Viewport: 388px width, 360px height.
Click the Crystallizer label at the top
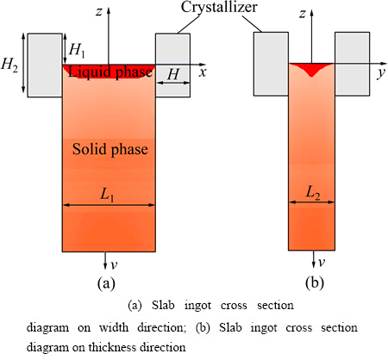pyautogui.click(x=219, y=8)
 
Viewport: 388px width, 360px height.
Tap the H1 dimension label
pyautogui.click(x=77, y=50)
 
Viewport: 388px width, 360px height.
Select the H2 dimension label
pyautogui.click(x=9, y=65)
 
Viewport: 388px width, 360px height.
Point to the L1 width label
pyautogui.click(x=107, y=195)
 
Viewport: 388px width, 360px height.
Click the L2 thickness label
pyautogui.click(x=313, y=193)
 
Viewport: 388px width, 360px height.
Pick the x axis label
pyautogui.click(x=203, y=72)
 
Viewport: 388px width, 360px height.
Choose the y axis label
pyautogui.click(x=381, y=73)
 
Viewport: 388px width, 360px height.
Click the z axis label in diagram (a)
pyautogui.click(x=99, y=12)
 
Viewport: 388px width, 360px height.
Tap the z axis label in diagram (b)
pyautogui.click(x=302, y=14)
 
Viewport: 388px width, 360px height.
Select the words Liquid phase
pyautogui.click(x=110, y=71)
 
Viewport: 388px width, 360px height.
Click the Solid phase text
pyautogui.click(x=110, y=149)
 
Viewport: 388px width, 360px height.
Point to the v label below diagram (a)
pyautogui.click(x=114, y=265)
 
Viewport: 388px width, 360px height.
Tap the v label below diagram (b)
pyautogui.click(x=322, y=263)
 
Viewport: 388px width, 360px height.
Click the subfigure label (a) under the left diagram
pyautogui.click(x=106, y=283)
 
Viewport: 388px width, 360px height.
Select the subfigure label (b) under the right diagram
pyautogui.click(x=315, y=282)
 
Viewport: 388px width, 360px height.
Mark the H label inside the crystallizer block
pyautogui.click(x=173, y=74)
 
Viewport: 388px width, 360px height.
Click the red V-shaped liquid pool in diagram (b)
pyautogui.click(x=312, y=69)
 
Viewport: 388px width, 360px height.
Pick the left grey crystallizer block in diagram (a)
pyautogui.click(x=45, y=65)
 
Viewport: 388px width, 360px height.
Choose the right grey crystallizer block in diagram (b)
pyautogui.click(x=353, y=64)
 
